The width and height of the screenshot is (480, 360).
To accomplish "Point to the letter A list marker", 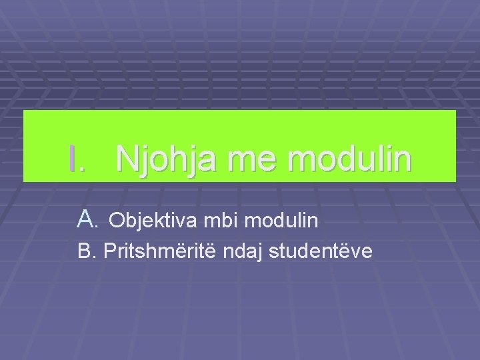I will (83, 218).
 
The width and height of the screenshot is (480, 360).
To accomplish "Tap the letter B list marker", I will (83, 252).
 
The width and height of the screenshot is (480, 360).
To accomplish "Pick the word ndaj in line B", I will (249, 253).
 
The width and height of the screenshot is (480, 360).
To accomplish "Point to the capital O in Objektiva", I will (115, 219).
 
